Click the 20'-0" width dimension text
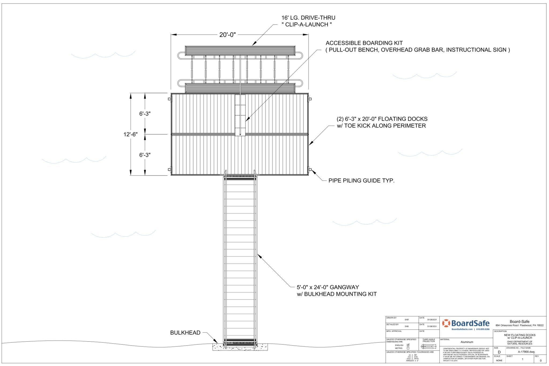(x=227, y=35)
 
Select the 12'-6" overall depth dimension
(x=130, y=135)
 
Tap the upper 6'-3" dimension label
(x=145, y=114)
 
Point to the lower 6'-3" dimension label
(x=145, y=155)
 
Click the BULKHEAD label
(x=185, y=333)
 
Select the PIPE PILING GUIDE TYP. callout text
(x=361, y=181)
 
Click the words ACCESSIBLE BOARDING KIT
(x=364, y=43)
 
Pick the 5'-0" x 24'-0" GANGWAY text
(x=328, y=287)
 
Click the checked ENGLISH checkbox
(x=408, y=345)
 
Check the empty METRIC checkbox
(x=408, y=348)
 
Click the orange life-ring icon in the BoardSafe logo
(x=446, y=323)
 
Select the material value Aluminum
(x=467, y=342)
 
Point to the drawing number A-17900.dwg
(x=526, y=352)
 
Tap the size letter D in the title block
(x=499, y=352)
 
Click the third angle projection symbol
(x=429, y=346)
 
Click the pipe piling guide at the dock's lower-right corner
(x=310, y=169)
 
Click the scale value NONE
(x=499, y=360)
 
